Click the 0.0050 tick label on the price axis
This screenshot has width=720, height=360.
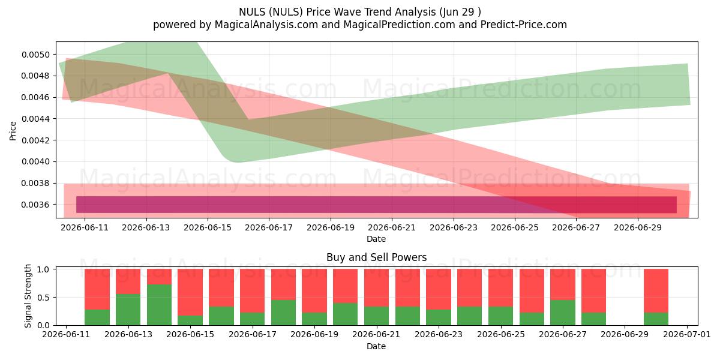tap(36, 55)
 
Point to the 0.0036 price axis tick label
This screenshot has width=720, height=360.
tap(36, 205)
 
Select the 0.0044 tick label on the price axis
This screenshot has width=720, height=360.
tap(36, 119)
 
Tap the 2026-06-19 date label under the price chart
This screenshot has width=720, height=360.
tap(331, 227)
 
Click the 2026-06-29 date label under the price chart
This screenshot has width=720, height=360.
tap(638, 227)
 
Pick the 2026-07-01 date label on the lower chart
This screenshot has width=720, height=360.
tap(687, 334)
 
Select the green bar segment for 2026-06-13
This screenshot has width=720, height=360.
tap(128, 310)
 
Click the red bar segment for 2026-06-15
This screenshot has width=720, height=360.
tap(190, 292)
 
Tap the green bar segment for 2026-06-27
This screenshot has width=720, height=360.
tap(563, 313)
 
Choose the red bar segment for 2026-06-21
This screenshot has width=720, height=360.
tap(376, 287)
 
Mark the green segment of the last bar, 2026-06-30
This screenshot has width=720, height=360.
tap(656, 319)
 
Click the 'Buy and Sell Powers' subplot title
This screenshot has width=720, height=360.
tap(376, 257)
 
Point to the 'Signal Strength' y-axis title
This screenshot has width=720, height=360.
tap(28, 296)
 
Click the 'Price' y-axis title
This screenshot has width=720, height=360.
tap(13, 131)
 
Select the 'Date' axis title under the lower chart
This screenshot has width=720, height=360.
tap(376, 346)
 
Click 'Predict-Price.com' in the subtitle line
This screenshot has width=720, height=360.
tap(524, 25)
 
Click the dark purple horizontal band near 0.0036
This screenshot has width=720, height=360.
tap(376, 205)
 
